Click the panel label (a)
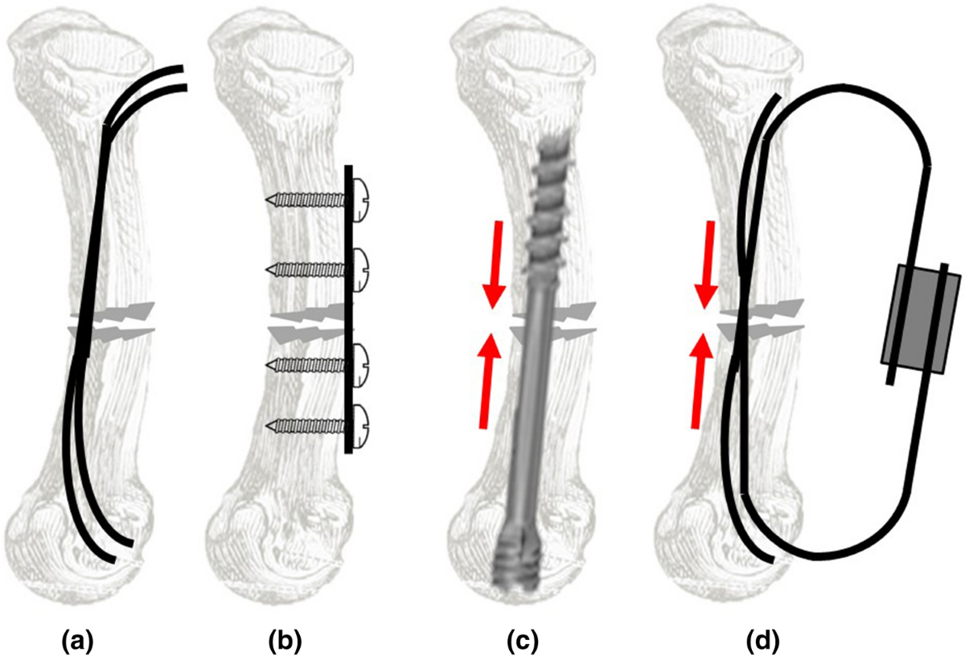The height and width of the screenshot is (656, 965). pyautogui.click(x=79, y=641)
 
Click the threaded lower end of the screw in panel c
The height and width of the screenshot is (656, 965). pyautogui.click(x=518, y=555)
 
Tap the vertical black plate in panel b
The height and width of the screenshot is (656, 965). pyautogui.click(x=347, y=310)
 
